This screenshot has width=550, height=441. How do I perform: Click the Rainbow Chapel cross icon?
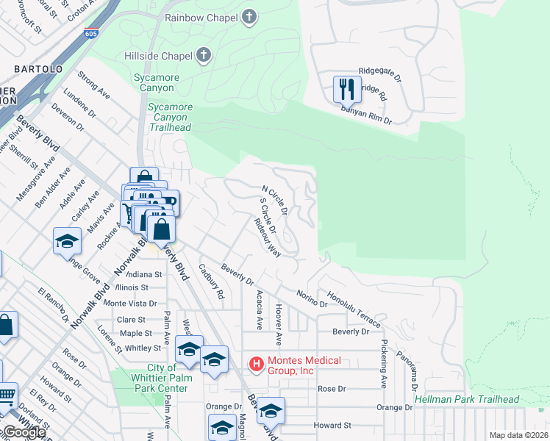(x=249, y=16)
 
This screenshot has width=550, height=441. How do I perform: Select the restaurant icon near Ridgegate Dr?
(x=345, y=89)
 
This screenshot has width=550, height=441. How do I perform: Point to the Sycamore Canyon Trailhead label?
(x=171, y=117)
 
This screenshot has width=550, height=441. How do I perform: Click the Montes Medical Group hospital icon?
(x=257, y=364)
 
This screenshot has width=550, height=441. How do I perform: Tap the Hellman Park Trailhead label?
(x=467, y=400)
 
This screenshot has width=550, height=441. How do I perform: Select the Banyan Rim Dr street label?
(x=365, y=114)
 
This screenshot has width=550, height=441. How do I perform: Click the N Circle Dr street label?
(x=273, y=200)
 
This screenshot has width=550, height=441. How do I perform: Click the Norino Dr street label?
(x=312, y=298)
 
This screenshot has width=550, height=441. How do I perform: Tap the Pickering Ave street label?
(x=383, y=363)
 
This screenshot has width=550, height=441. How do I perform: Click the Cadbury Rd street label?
(x=211, y=283)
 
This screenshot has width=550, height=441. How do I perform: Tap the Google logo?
(x=24, y=432)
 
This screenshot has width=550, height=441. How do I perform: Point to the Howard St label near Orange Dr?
(x=332, y=425)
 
